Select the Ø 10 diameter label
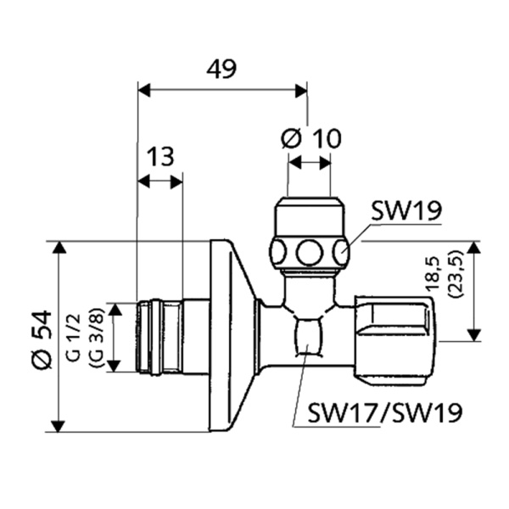[x=310, y=138]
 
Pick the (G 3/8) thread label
[x=96, y=337]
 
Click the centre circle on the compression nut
[x=310, y=252]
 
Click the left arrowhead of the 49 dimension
[x=143, y=89]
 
